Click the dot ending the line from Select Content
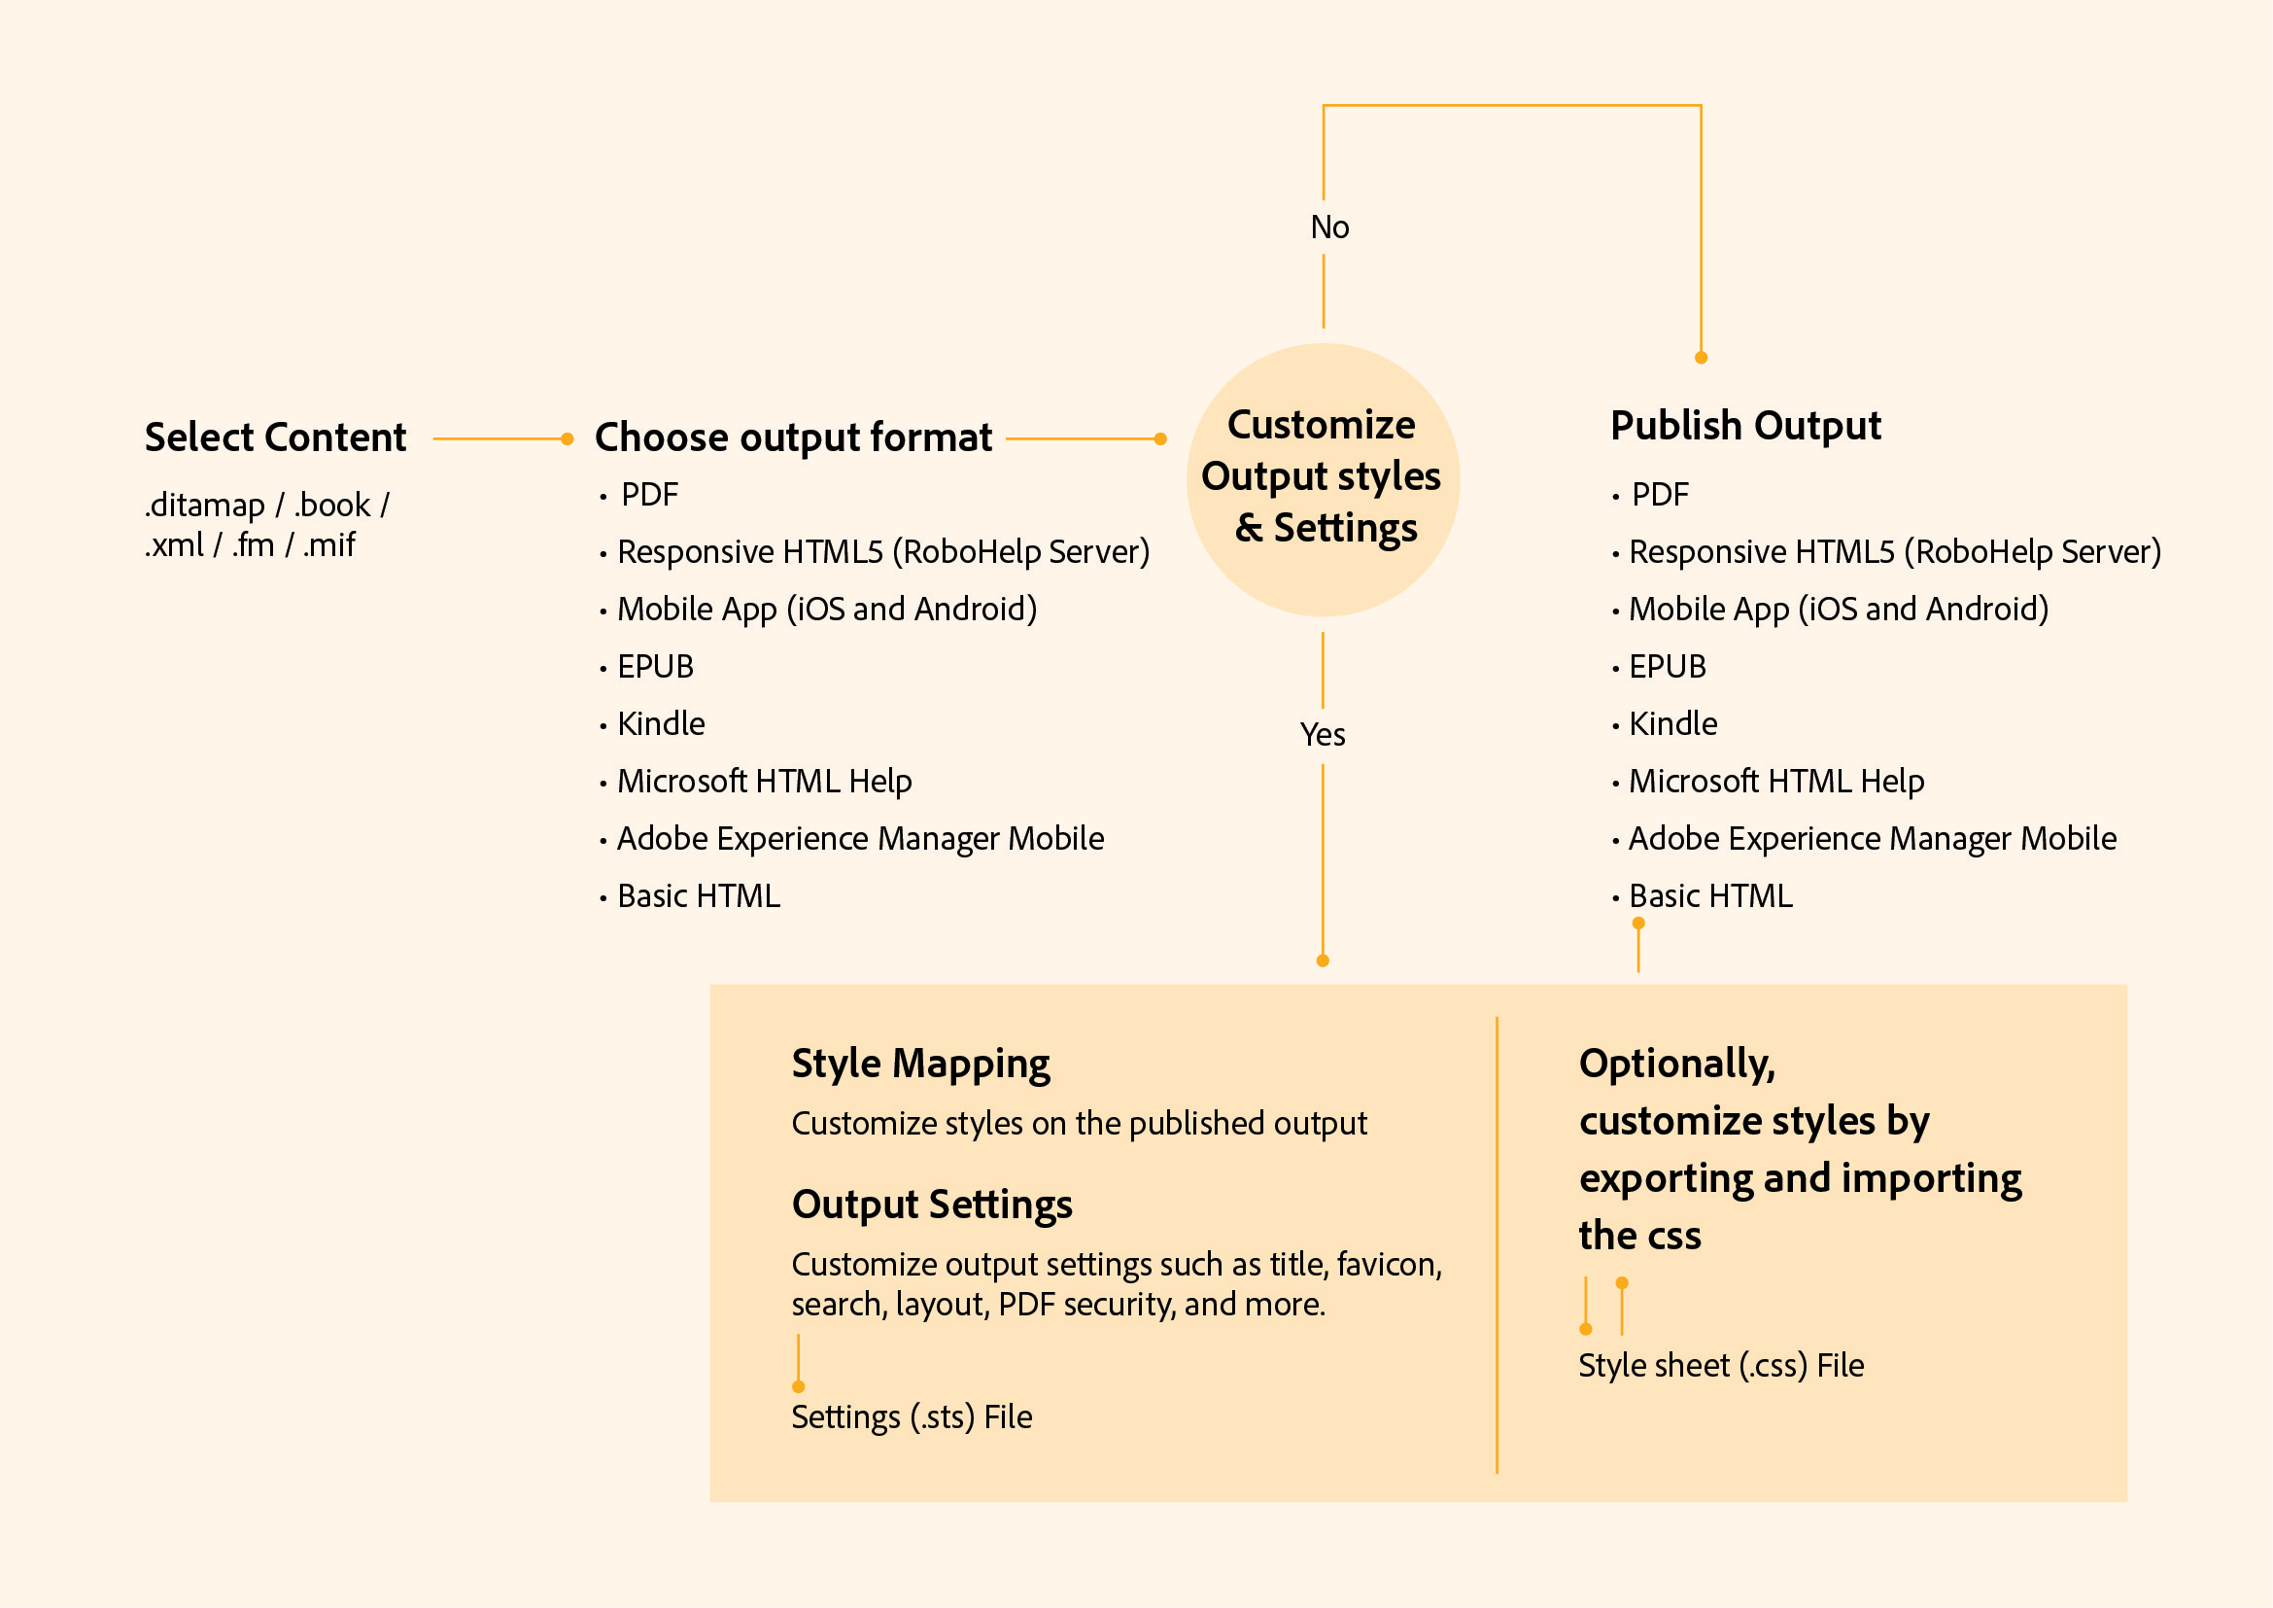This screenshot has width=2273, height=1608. pos(568,438)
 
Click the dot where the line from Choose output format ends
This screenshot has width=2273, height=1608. pos(1160,438)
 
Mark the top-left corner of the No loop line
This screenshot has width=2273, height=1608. pos(1324,105)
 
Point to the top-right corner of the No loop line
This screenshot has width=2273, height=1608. pos(1701,105)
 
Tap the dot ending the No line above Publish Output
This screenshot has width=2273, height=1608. pos(1701,358)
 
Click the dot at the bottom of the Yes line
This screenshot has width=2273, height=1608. pos(1323,961)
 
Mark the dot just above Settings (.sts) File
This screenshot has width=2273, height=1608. pos(799,1386)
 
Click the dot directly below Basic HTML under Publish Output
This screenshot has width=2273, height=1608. pos(1638,923)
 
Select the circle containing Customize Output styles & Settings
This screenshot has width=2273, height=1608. pos(1324,480)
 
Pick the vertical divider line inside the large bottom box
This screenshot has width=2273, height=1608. pos(1497,1244)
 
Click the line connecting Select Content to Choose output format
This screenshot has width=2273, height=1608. pos(499,438)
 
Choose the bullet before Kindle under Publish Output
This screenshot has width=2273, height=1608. pos(1616,727)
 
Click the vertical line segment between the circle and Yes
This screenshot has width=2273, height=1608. pos(1323,671)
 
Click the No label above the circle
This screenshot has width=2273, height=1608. pos(1329,227)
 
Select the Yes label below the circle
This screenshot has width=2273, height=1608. pos(1323,735)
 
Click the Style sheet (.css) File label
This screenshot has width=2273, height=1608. pos(1721,1366)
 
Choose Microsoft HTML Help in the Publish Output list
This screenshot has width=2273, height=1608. pos(1777,782)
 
